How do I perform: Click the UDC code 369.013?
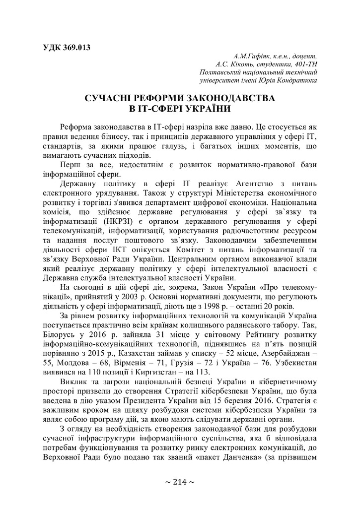75,48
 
